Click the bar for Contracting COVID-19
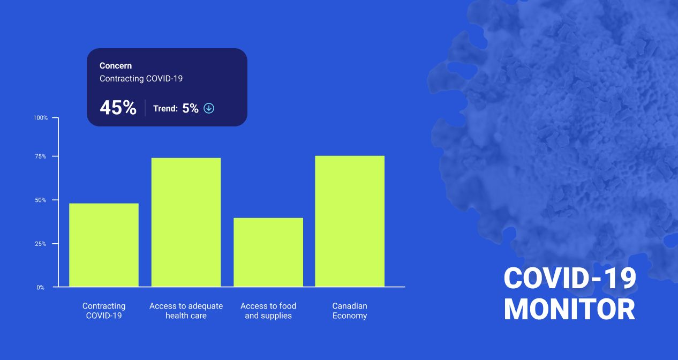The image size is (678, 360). pyautogui.click(x=104, y=245)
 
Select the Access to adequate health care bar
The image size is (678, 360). pyautogui.click(x=186, y=222)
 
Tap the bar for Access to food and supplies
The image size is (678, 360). pyautogui.click(x=268, y=252)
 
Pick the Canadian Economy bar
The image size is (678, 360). pyautogui.click(x=350, y=221)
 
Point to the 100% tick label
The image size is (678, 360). pyautogui.click(x=41, y=118)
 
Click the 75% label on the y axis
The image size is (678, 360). pyautogui.click(x=41, y=156)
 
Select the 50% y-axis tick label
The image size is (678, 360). pyautogui.click(x=41, y=200)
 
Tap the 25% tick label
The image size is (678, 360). pyautogui.click(x=41, y=244)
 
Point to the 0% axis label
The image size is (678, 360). pyautogui.click(x=41, y=287)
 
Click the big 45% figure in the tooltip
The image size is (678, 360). pyautogui.click(x=118, y=108)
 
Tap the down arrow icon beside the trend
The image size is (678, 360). pyautogui.click(x=209, y=108)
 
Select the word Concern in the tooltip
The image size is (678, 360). pyautogui.click(x=116, y=66)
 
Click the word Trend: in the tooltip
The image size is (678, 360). pyautogui.click(x=165, y=108)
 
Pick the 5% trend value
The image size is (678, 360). pyautogui.click(x=190, y=108)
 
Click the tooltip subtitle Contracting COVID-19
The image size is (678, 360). pyautogui.click(x=141, y=79)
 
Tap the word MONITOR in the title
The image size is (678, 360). pyautogui.click(x=569, y=310)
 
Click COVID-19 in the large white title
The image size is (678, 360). pyautogui.click(x=570, y=278)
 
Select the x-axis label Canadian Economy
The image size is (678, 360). pyautogui.click(x=350, y=311)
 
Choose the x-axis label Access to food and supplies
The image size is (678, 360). pyautogui.click(x=268, y=311)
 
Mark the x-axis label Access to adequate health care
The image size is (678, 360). pyautogui.click(x=186, y=311)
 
